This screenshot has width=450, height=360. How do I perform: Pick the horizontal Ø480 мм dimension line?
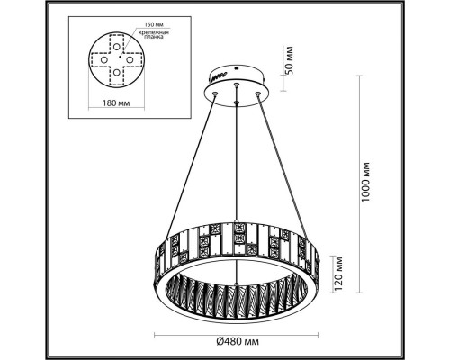pos(237,330)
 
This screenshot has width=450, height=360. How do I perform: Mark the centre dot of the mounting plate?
pos(119,57)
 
